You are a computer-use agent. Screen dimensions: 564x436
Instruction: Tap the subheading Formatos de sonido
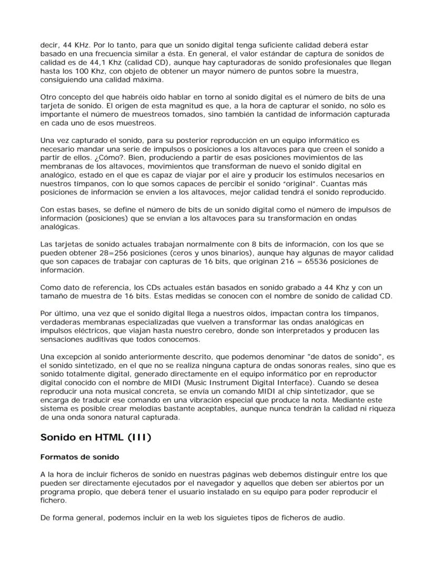(80, 457)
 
